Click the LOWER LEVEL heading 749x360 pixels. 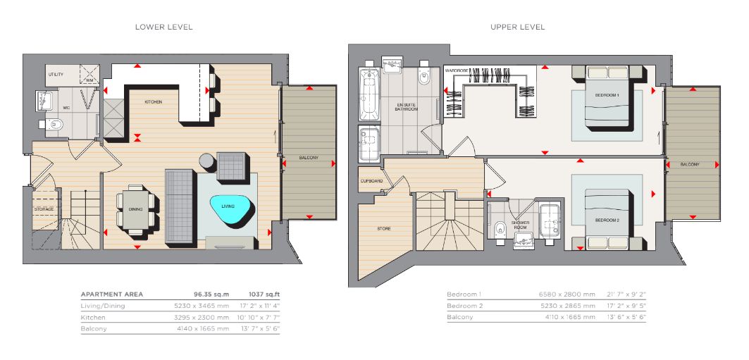(164, 27)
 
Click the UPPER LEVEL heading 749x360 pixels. (517, 27)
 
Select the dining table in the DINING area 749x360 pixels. (136, 209)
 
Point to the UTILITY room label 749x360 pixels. (56, 75)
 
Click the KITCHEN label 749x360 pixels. (154, 102)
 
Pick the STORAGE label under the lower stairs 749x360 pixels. (44, 209)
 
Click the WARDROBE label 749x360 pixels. (456, 70)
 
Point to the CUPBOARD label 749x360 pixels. (372, 182)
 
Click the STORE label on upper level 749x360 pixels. (384, 229)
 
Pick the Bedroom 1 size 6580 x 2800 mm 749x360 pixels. (567, 294)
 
